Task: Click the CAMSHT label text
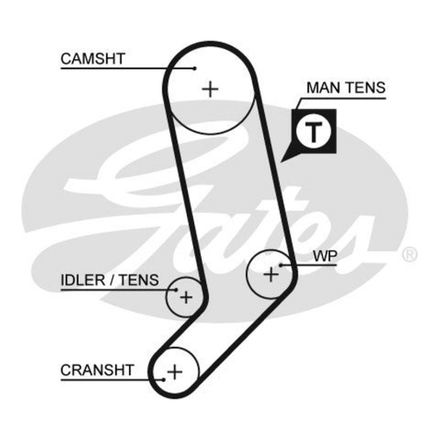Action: coord(93,59)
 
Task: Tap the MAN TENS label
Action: coord(346,88)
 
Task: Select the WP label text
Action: coord(325,256)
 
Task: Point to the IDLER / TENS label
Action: coord(110,280)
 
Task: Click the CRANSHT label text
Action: coord(97,370)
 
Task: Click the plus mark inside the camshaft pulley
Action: coord(211,89)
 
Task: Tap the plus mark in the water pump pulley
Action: coord(271,275)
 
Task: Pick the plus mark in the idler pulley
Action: coord(186,298)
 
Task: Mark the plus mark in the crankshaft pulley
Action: coord(175,372)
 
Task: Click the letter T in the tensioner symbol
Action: coord(313,131)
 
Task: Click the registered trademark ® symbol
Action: coord(409,255)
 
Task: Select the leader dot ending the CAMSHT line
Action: coord(195,68)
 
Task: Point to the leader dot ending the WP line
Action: coord(280,265)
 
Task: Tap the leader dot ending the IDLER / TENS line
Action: coord(176,290)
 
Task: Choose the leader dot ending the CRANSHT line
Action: coord(164,379)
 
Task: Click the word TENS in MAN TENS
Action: coord(366,88)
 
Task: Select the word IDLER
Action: coord(83,280)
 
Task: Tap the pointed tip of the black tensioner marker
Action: coord(281,162)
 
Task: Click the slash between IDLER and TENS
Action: coord(112,280)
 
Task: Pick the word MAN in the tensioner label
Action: coord(324,88)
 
